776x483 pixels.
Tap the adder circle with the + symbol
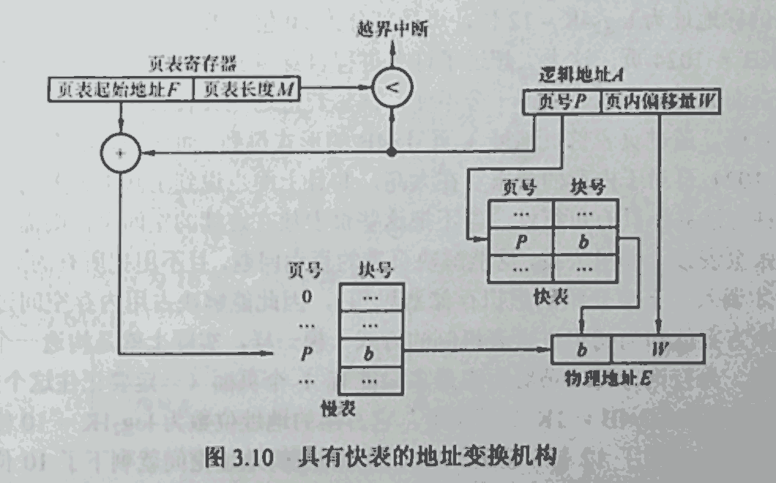pos(120,154)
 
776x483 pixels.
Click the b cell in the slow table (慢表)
pos(370,352)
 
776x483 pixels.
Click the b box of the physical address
pos(581,348)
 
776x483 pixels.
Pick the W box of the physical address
pos(657,348)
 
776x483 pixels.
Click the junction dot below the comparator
pos(393,152)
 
